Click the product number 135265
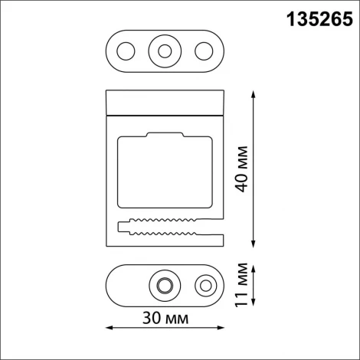(314, 18)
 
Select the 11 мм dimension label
(243, 285)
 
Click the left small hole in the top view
(124, 51)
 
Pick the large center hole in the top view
(163, 51)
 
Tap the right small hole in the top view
(203, 51)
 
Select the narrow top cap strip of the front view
(163, 101)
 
